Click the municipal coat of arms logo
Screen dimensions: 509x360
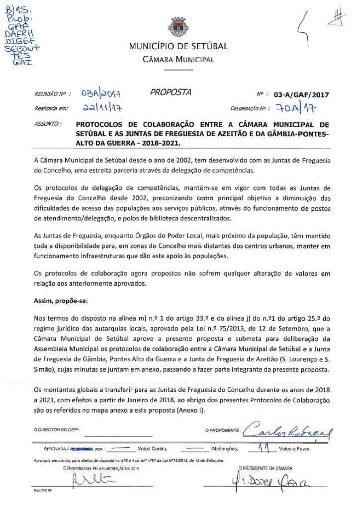click(179, 27)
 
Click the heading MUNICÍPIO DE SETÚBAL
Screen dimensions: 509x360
click(179, 47)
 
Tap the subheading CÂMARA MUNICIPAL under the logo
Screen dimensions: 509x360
click(179, 60)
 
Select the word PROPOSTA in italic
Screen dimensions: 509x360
click(170, 92)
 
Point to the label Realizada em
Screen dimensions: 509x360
click(51, 108)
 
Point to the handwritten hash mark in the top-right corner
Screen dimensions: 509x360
click(340, 16)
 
